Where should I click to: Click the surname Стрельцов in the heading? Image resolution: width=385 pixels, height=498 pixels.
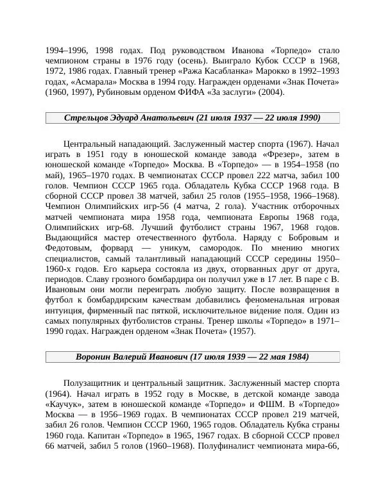[89, 118]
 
